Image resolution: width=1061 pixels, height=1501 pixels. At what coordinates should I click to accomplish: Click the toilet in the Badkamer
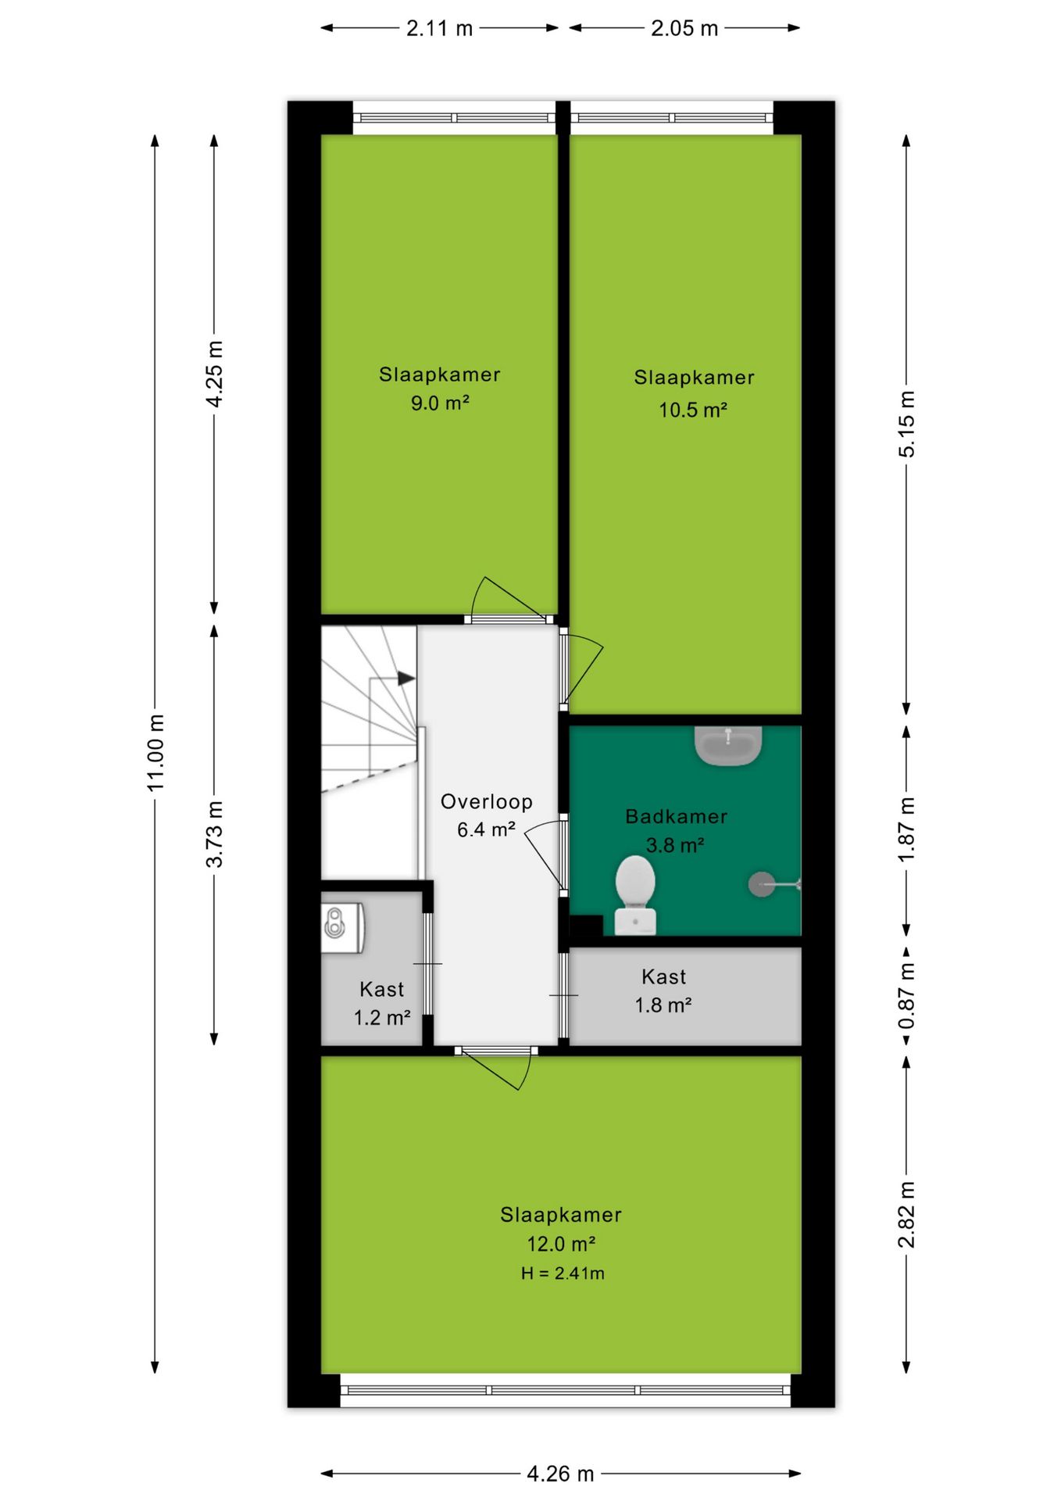point(634,894)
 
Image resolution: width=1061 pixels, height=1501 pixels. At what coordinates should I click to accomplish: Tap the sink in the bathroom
point(727,746)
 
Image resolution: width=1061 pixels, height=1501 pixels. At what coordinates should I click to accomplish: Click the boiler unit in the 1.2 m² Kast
point(342,927)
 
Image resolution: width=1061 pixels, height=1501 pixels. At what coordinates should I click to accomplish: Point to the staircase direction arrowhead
point(406,679)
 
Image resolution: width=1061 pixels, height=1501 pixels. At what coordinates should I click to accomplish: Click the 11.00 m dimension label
point(155,752)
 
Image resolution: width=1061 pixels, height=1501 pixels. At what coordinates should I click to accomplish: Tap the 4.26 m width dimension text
point(560,1474)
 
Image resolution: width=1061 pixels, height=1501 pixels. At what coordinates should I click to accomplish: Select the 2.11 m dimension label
point(439,28)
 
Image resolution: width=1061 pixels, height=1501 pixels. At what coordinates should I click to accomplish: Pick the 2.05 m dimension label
point(684,28)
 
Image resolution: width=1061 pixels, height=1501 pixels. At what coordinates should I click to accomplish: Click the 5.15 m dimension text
point(906,424)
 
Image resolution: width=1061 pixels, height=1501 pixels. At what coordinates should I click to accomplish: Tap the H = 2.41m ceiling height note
point(563,1273)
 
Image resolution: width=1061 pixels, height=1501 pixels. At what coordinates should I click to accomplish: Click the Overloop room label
point(487,801)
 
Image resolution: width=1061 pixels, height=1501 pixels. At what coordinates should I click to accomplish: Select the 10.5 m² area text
point(693,410)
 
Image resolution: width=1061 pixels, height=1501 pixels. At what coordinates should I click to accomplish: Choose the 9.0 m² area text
point(440,403)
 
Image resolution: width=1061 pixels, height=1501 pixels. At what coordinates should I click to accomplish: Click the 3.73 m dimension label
point(214,833)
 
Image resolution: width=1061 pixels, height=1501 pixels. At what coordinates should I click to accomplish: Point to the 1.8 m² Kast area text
point(663,1005)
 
